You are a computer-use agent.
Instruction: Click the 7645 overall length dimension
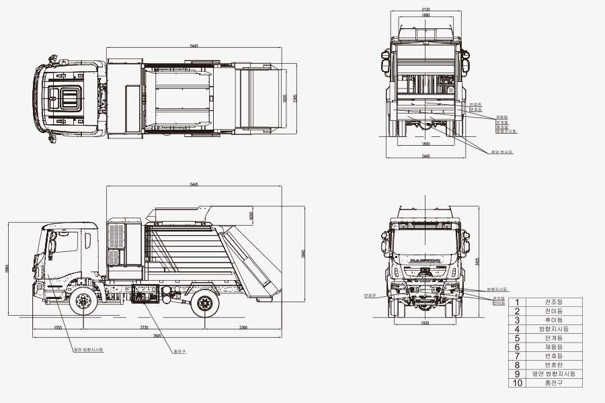(157, 335)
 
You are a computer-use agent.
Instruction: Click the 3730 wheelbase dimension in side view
(144, 328)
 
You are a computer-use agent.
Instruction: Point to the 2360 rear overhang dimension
(243, 328)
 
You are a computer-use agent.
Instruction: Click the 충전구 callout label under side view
(179, 351)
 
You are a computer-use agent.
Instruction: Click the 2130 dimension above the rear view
(426, 10)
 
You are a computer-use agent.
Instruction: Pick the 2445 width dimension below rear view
(426, 155)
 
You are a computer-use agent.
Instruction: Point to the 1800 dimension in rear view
(426, 143)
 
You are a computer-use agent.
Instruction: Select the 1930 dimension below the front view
(424, 323)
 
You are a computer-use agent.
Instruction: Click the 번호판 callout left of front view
(369, 295)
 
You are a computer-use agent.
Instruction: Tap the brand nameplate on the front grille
(424, 259)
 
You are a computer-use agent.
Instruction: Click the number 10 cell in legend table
(517, 383)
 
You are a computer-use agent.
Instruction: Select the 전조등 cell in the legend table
(553, 302)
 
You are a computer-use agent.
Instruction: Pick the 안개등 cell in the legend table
(553, 338)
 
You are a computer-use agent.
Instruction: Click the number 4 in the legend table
(517, 329)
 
